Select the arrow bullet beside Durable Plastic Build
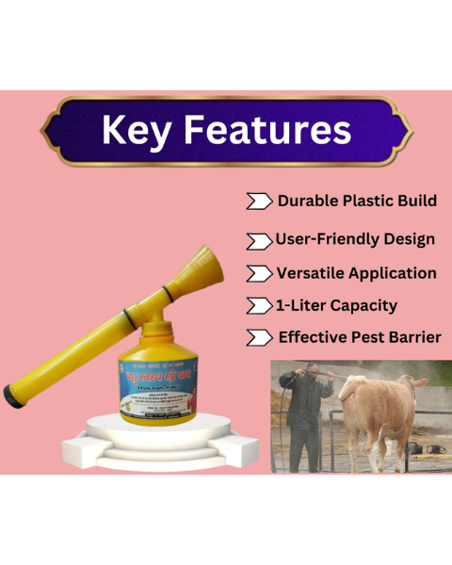(257, 202)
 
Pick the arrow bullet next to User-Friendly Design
(257, 241)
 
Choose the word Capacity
(363, 306)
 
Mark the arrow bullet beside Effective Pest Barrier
(257, 338)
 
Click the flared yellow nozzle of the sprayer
(209, 269)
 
